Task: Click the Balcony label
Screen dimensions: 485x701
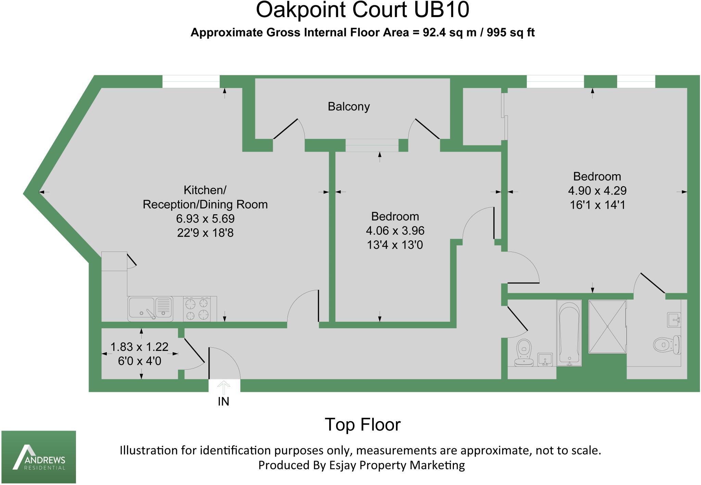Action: point(348,107)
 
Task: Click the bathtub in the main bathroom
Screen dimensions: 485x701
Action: point(569,333)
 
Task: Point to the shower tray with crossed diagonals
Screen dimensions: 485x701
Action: point(607,327)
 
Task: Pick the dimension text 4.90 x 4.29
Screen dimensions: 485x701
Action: point(597,191)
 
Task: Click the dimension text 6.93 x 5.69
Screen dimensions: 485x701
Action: point(205,219)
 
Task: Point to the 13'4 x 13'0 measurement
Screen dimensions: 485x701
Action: point(395,245)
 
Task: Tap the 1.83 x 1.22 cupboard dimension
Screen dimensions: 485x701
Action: point(139,347)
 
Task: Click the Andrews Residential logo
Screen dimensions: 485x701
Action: point(39,457)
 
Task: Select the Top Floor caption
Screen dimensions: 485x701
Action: point(362,425)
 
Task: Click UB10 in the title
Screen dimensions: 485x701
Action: point(441,10)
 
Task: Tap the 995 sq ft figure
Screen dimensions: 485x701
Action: point(510,33)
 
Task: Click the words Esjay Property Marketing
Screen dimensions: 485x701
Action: point(397,465)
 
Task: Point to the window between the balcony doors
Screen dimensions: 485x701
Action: point(372,145)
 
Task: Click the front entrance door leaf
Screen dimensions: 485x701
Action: point(209,363)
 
